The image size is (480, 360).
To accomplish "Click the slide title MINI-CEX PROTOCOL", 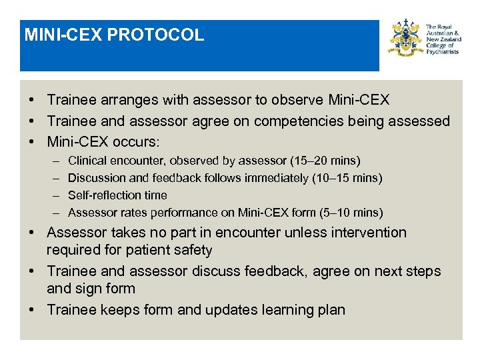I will [x=114, y=35].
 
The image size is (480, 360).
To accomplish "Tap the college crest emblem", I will [x=407, y=39].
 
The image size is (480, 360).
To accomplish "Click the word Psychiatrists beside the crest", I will [x=443, y=51].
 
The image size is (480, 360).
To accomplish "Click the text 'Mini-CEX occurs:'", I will [x=105, y=142].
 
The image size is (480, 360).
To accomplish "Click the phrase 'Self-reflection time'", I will [x=117, y=195].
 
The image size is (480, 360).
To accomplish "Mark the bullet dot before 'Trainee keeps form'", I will [x=33, y=310].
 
